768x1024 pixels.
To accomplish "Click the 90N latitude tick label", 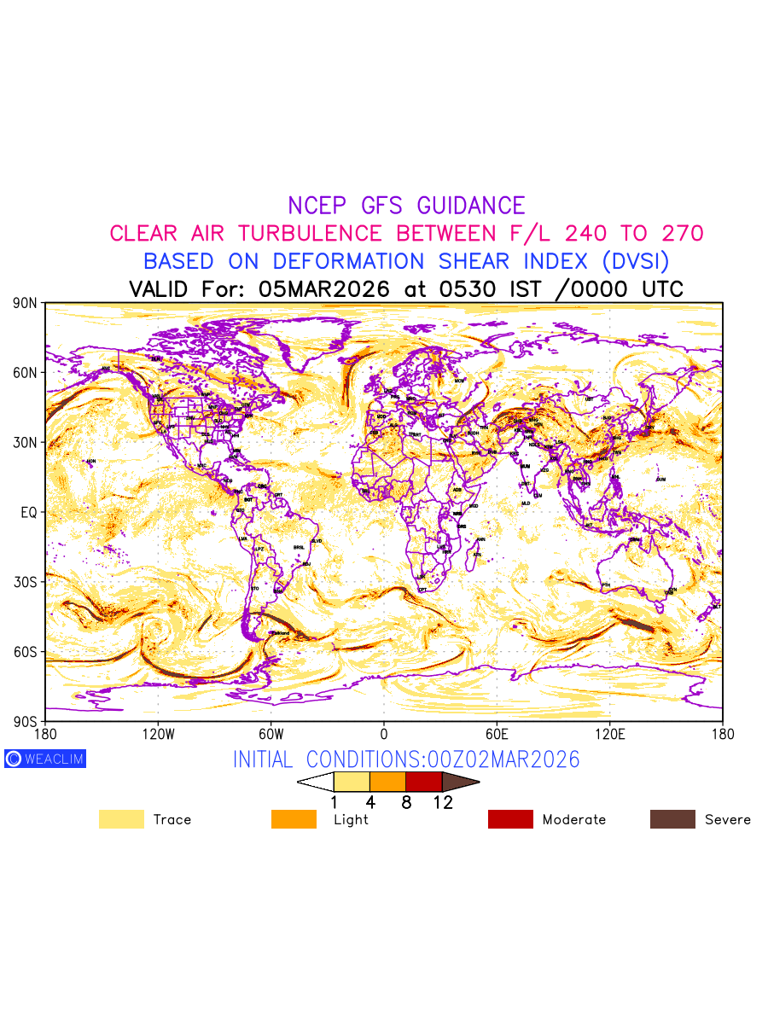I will pyautogui.click(x=26, y=303).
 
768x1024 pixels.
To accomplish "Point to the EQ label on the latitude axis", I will pyautogui.click(x=28, y=512).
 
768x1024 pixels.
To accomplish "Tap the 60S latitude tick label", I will pyautogui.click(x=26, y=652).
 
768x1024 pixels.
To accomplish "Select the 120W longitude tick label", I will pyautogui.click(x=158, y=734).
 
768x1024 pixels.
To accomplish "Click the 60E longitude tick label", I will pyautogui.click(x=497, y=734).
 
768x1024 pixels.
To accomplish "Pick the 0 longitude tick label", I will pyautogui.click(x=384, y=734).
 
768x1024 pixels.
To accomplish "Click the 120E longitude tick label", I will pyautogui.click(x=610, y=734).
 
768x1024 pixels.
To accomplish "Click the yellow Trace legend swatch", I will pyautogui.click(x=121, y=819).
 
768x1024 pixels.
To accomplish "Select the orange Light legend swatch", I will pyautogui.click(x=294, y=819).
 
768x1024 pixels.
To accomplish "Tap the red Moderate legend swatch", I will pyautogui.click(x=510, y=819).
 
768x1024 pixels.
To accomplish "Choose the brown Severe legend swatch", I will pyautogui.click(x=672, y=819).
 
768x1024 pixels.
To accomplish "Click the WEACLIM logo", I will pyautogui.click(x=45, y=759).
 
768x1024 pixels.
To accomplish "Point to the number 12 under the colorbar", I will pyautogui.click(x=442, y=803).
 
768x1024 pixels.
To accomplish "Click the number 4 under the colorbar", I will pyautogui.click(x=369, y=803).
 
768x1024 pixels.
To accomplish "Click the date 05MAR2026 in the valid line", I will pyautogui.click(x=323, y=289).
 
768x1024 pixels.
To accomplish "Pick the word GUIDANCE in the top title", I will pyautogui.click(x=471, y=206).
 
